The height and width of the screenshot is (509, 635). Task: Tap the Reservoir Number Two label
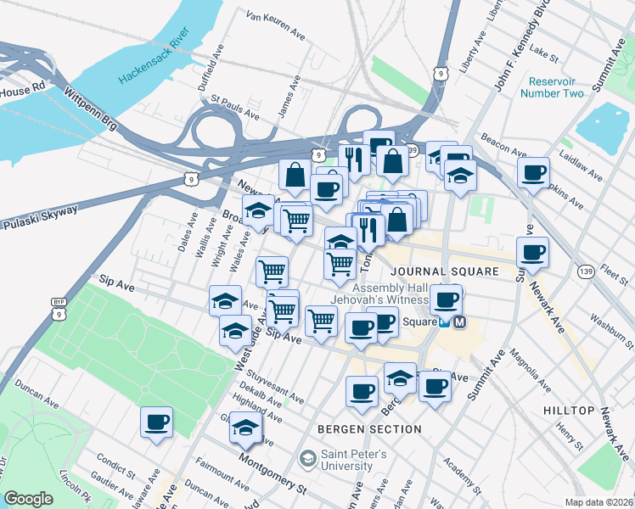556,87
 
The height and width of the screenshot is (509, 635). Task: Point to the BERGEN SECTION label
369,429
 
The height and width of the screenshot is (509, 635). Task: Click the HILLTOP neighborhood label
568,411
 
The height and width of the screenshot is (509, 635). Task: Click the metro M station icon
459,322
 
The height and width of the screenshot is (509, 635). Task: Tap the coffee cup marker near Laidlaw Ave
533,174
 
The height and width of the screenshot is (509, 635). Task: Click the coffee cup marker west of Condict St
156,422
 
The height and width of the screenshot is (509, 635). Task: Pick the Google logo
29,499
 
